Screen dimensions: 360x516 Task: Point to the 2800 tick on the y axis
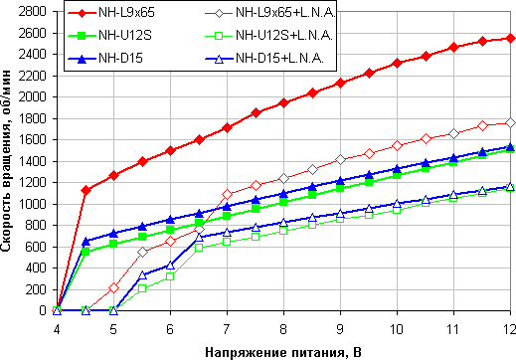[33, 11]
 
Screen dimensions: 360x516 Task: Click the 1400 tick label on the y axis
[33, 161]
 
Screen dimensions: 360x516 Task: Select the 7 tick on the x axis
[227, 326]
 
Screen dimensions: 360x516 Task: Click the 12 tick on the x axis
[510, 326]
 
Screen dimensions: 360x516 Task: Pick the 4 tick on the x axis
[57, 326]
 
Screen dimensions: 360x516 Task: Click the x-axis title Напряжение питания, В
[283, 350]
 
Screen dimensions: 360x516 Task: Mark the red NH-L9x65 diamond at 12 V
[510, 38]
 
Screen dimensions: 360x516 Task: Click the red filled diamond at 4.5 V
[86, 190]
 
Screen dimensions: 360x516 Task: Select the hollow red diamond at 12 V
[510, 122]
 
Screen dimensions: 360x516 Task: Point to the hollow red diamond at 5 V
[113, 287]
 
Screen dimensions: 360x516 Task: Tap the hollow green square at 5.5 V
[142, 288]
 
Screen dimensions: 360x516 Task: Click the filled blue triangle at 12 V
[510, 146]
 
